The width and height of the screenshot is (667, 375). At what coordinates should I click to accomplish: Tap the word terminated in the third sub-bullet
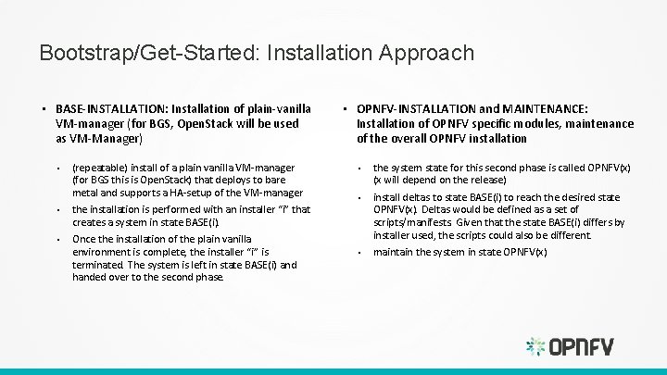98,265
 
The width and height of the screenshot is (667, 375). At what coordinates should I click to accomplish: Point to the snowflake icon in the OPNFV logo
535,346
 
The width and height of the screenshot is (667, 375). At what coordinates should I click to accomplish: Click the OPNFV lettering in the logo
581,347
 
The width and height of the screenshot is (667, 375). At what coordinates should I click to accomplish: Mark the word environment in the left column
102,253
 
